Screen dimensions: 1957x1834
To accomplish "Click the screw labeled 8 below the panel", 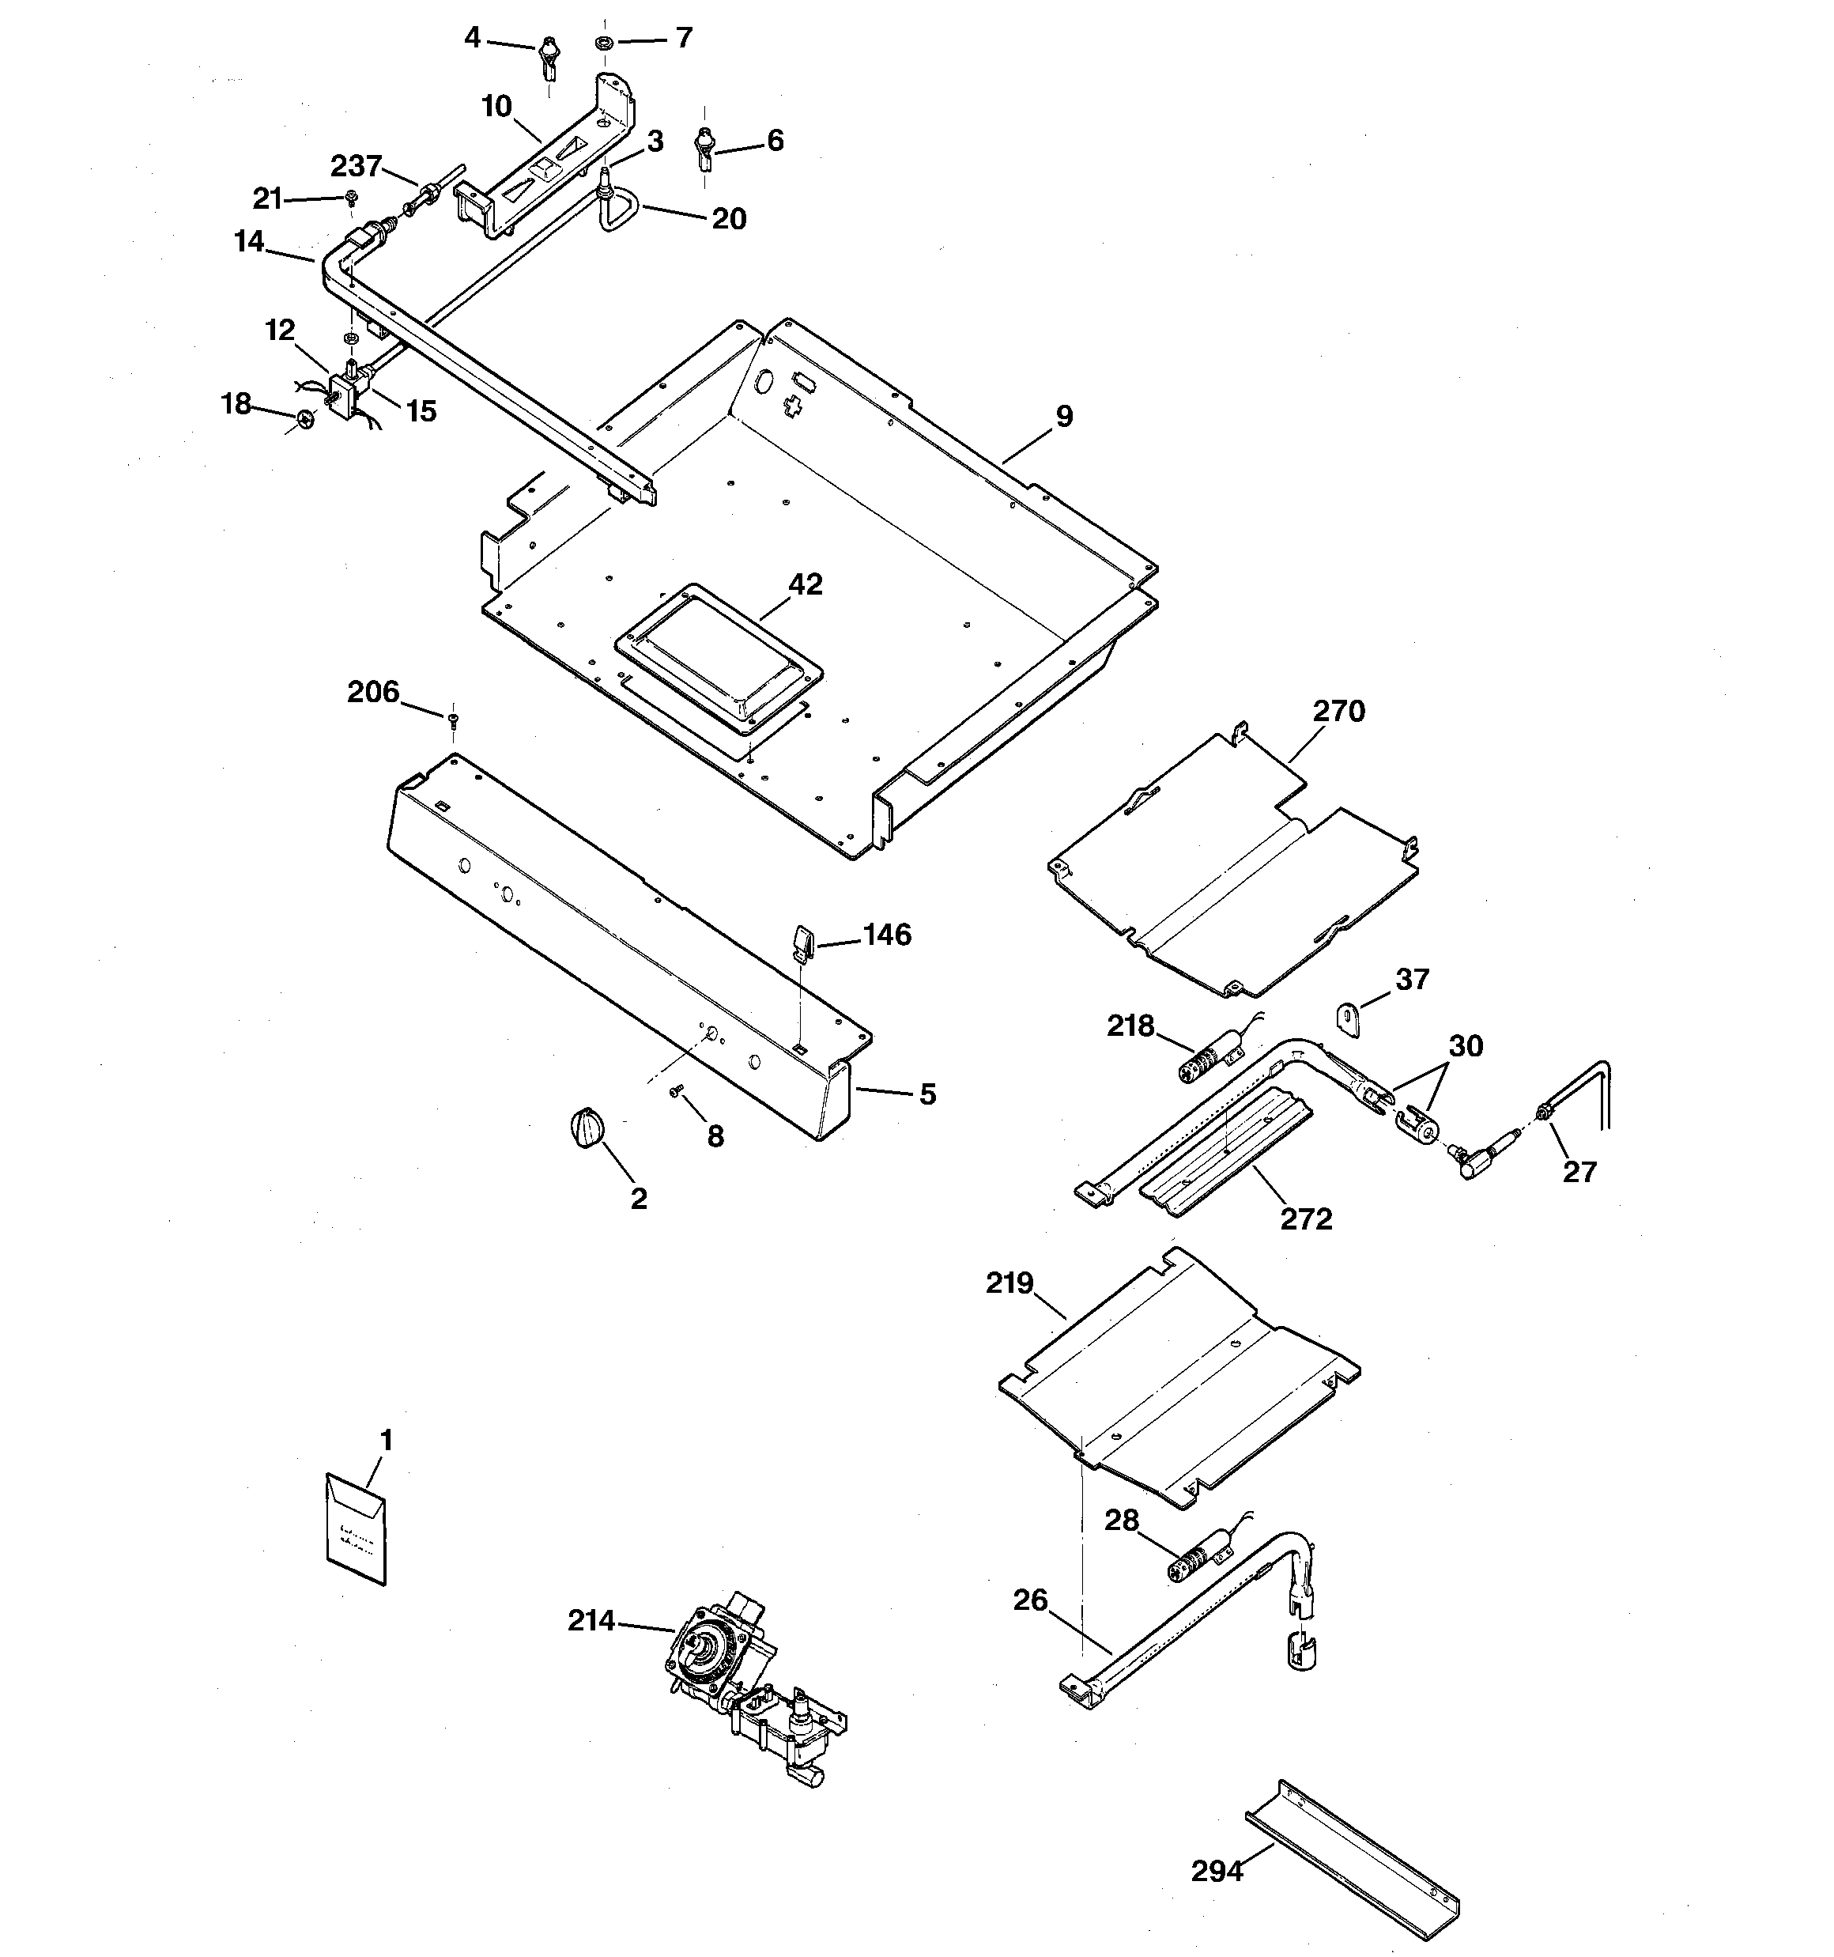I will (x=677, y=1090).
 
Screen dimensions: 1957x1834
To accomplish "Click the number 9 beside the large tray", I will (x=1064, y=417).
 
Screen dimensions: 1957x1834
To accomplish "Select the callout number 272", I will (x=1307, y=1218).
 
